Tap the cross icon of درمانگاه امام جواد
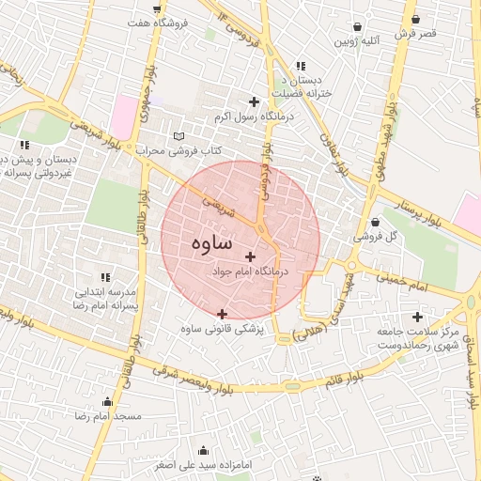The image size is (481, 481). (250, 256)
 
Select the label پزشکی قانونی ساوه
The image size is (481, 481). (223, 330)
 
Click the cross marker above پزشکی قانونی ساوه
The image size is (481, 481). (222, 314)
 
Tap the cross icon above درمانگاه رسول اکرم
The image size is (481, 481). (253, 101)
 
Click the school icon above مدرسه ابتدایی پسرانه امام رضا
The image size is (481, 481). (106, 277)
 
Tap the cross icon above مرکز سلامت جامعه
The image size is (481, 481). (417, 317)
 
